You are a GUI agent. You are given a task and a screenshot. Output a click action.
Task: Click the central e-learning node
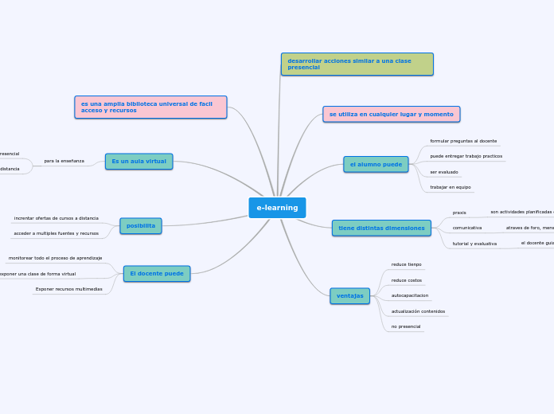click(x=277, y=208)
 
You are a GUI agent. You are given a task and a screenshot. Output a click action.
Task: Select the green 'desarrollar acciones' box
click(x=357, y=64)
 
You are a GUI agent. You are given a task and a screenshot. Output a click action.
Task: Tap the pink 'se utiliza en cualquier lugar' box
click(x=391, y=114)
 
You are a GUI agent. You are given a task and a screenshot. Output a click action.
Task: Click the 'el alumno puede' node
click(x=376, y=164)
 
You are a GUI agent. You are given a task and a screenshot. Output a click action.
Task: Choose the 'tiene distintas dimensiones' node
click(x=381, y=228)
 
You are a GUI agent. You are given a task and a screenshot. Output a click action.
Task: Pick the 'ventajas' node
click(x=349, y=295)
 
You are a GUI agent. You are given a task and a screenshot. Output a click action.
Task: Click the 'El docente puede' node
click(x=157, y=274)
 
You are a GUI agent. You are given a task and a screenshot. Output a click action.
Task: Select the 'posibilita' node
click(x=141, y=225)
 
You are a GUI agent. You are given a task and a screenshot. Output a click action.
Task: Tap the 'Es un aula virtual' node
click(x=138, y=161)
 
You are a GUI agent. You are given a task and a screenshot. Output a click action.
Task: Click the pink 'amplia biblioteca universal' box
click(x=150, y=107)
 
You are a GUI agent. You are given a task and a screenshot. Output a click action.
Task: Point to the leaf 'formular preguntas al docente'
click(x=463, y=141)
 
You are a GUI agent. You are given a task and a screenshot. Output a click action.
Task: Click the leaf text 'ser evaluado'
click(x=444, y=172)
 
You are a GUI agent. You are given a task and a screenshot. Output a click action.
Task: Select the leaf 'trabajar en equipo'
click(x=451, y=187)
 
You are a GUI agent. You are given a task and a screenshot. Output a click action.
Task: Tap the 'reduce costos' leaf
click(x=407, y=280)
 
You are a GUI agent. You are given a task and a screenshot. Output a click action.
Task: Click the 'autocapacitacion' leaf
click(x=410, y=295)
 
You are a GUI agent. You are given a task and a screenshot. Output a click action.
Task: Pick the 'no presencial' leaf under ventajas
click(x=406, y=326)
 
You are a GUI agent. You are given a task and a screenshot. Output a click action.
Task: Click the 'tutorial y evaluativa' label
click(x=474, y=244)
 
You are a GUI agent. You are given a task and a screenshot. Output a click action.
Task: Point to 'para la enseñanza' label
click(x=64, y=161)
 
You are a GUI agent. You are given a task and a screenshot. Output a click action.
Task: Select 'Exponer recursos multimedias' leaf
click(x=68, y=289)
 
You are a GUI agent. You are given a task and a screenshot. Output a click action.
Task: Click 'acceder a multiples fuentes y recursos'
click(x=57, y=233)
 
